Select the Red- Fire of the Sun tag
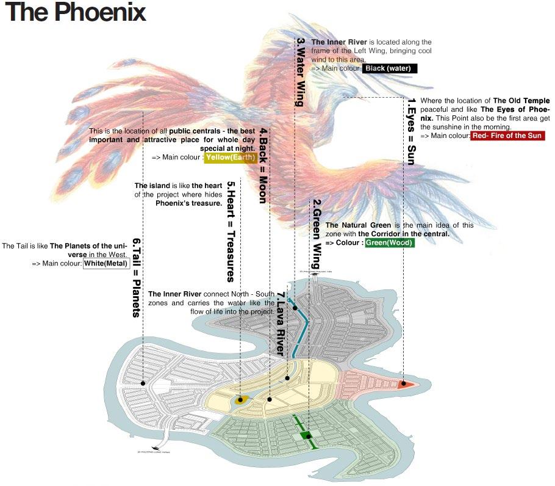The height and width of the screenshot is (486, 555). [x=507, y=136]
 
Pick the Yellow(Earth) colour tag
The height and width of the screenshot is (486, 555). [x=230, y=157]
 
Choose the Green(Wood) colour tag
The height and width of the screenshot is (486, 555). [x=390, y=243]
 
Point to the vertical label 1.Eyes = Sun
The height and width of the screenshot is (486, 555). [x=410, y=131]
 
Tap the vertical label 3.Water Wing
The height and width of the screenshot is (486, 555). [x=299, y=72]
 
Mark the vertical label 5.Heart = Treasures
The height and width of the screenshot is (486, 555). [x=231, y=231]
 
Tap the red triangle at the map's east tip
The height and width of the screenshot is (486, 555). [x=405, y=384]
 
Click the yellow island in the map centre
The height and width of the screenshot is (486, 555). [x=240, y=401]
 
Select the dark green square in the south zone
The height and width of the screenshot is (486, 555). [x=308, y=435]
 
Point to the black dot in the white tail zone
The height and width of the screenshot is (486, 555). [x=143, y=383]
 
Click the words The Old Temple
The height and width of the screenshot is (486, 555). [x=521, y=101]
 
